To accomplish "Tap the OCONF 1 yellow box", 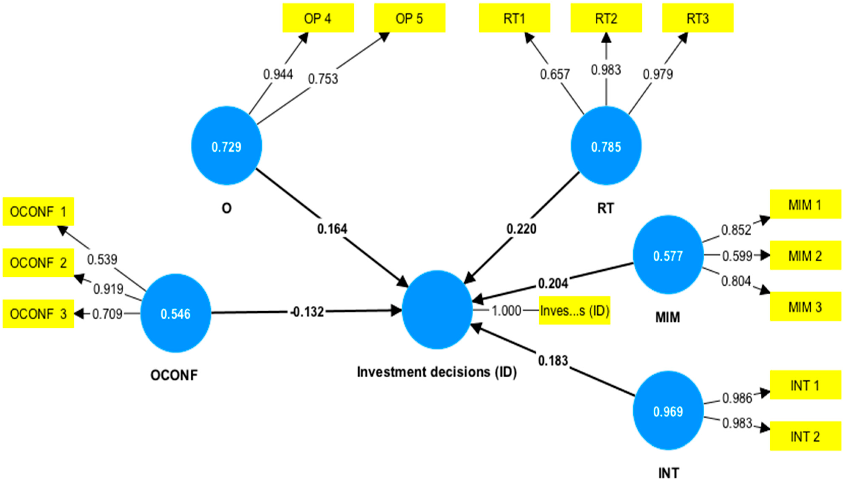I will tap(38, 211).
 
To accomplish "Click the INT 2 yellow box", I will tap(805, 436).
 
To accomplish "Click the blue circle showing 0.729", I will tap(227, 146).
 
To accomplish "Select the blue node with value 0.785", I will tap(606, 146).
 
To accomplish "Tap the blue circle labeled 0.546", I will tap(176, 313).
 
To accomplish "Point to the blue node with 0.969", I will tap(668, 411).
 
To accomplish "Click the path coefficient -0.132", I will tap(307, 312).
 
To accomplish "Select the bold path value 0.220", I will tap(521, 229).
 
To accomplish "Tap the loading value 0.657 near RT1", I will tap(555, 74).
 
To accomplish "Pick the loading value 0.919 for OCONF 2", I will tap(108, 289).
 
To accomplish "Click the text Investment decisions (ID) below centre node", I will tap(437, 372).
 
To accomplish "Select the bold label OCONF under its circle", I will tap(174, 375).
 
